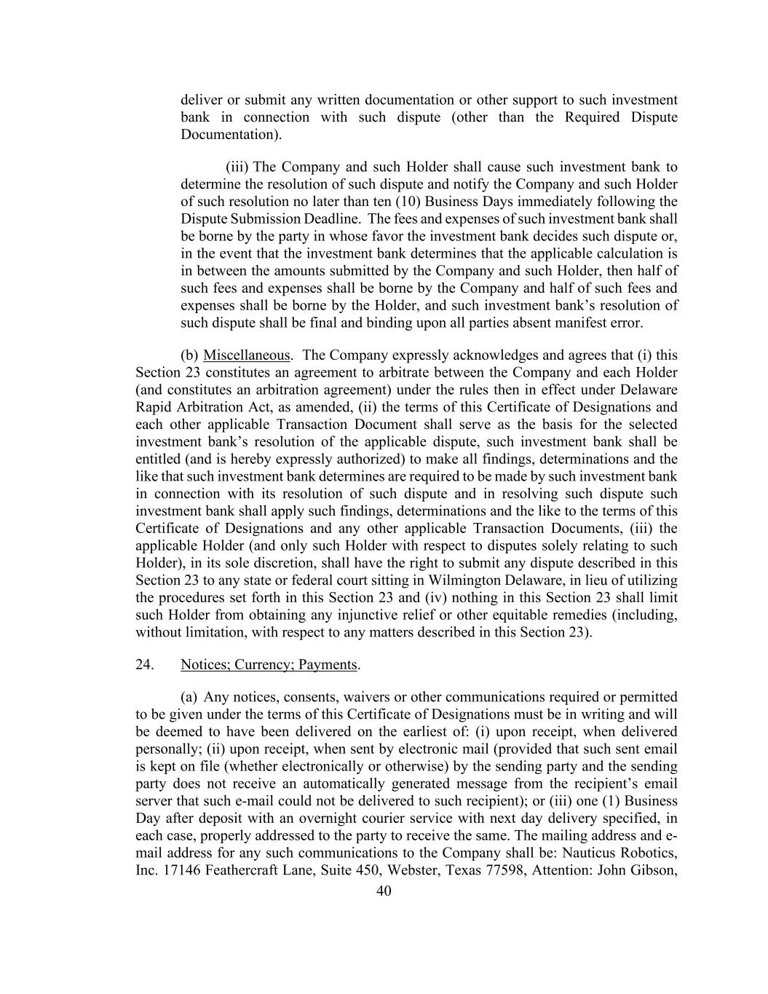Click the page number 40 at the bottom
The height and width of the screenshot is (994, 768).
384,891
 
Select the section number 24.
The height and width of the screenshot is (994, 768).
144,665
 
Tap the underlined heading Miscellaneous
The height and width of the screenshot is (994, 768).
247,355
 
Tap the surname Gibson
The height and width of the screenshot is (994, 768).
654,870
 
